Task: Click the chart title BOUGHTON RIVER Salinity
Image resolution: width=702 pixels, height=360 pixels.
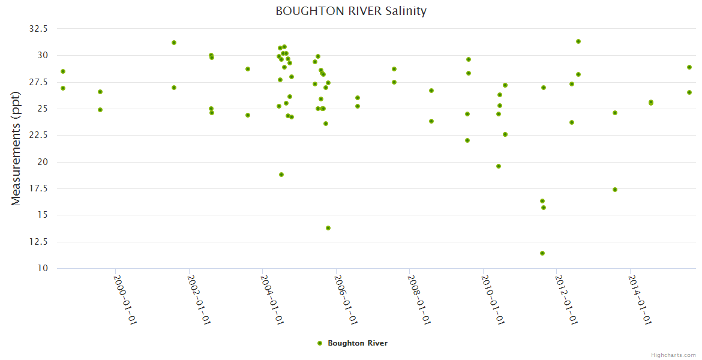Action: [351, 11]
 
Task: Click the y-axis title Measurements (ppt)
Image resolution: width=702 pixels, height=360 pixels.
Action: [16, 148]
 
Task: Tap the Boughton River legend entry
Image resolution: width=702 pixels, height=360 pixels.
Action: [352, 343]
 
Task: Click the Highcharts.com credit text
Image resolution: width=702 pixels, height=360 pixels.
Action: [673, 355]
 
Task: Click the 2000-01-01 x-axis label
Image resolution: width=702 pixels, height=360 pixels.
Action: [127, 300]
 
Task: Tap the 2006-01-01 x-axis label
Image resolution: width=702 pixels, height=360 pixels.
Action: [347, 300]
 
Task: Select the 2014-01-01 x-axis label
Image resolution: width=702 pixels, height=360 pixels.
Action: [641, 300]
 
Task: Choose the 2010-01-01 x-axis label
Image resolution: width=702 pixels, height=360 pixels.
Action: [494, 300]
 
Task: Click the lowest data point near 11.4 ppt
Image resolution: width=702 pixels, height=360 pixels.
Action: [542, 253]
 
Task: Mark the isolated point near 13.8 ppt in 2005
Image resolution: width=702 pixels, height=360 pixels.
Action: [328, 228]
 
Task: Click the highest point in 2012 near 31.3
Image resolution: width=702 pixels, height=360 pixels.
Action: [578, 41]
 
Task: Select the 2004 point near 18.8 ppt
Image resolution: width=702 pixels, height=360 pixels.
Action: [281, 175]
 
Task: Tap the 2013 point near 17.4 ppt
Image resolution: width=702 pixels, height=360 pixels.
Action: [615, 190]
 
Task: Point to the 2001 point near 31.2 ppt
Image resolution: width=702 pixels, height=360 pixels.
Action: [174, 43]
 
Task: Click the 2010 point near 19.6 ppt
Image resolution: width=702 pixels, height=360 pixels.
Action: [499, 166]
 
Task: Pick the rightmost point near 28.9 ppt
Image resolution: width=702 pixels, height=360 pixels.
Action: [689, 67]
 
